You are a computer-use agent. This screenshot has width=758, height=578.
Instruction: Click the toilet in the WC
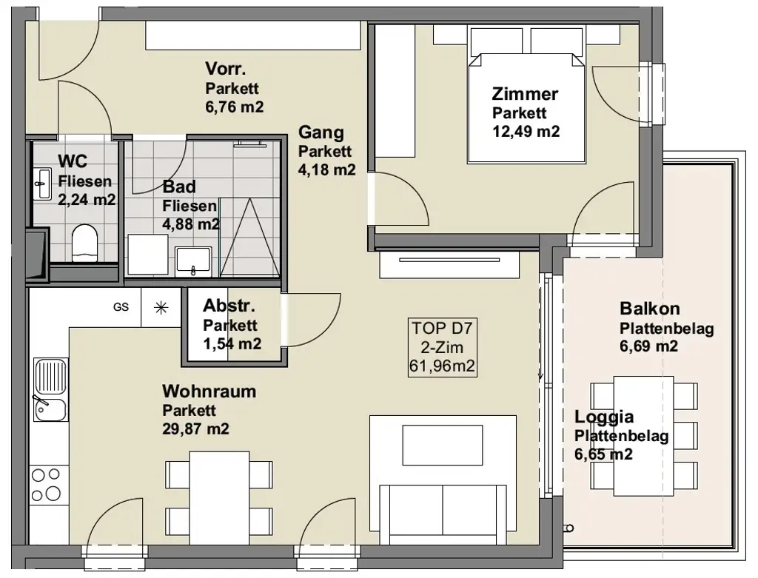84,243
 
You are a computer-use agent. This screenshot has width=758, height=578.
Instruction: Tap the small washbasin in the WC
44,184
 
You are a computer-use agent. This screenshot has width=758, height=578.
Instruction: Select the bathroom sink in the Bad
193,261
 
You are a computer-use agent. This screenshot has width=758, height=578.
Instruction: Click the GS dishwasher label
121,307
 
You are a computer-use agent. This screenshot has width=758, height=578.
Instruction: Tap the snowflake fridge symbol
161,308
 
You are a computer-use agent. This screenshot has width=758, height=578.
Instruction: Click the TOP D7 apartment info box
442,347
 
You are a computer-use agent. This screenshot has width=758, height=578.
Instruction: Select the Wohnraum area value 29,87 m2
195,429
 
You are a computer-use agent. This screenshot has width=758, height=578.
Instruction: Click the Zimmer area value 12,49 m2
526,132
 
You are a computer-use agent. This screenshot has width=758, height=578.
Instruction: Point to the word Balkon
650,309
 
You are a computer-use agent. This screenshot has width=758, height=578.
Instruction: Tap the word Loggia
604,417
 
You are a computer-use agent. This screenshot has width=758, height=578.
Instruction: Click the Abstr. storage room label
229,306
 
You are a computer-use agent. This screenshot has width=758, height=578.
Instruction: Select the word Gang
321,132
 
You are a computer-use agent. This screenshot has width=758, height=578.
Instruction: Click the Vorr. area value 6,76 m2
235,107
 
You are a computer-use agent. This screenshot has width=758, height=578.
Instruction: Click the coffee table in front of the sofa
443,445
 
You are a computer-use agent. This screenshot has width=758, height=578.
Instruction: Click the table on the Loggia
643,436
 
